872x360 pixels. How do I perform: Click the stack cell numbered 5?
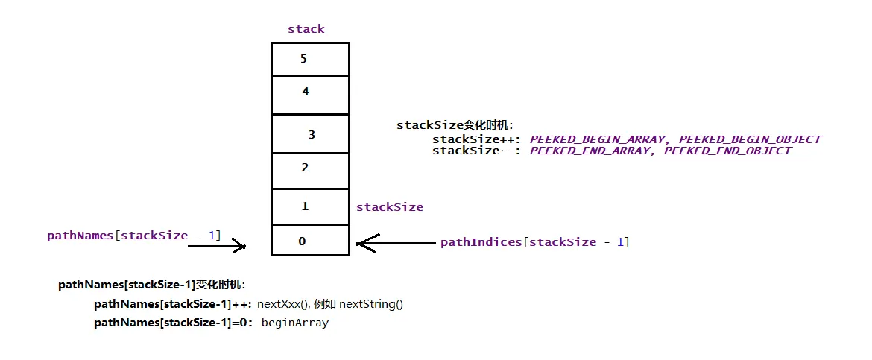310,59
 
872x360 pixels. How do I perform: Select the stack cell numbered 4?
310,95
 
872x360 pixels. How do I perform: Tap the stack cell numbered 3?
310,134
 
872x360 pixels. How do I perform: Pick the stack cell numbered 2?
310,170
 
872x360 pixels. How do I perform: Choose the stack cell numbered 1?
310,206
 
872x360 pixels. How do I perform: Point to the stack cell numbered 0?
310,241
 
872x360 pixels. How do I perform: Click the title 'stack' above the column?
306,29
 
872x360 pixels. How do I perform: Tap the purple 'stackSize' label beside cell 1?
390,207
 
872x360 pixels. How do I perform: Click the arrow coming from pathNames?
216,245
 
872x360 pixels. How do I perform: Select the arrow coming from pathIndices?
395,242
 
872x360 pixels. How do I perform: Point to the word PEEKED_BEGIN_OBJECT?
750,139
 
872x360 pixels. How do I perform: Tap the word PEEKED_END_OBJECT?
727,151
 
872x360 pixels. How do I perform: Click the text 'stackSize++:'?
478,139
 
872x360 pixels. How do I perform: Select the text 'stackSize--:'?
478,151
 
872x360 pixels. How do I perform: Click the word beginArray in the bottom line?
295,323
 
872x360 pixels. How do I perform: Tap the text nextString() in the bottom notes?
370,304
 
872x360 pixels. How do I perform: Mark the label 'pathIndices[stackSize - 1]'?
534,242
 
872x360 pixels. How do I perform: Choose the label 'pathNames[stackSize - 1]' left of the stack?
134,236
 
